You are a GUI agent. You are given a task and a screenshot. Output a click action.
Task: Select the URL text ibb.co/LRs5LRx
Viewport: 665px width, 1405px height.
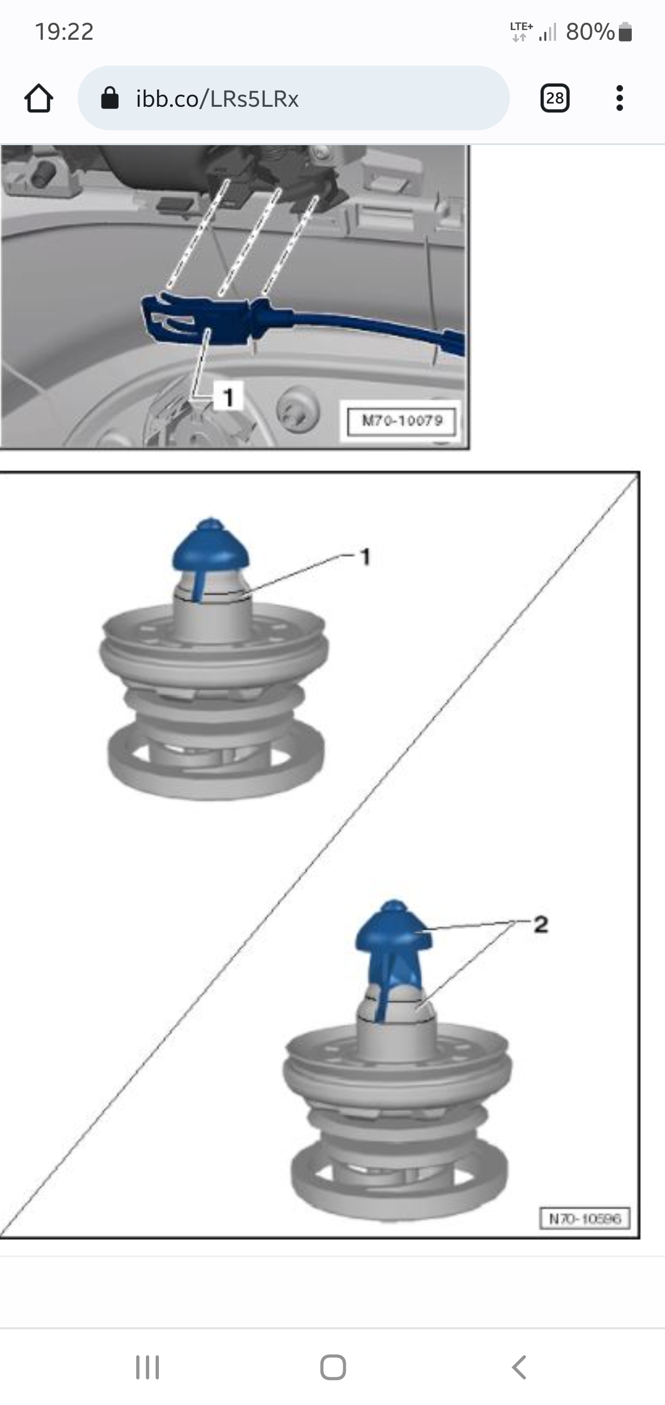coord(218,99)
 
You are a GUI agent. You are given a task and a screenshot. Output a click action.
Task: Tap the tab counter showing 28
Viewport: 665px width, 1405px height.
coord(555,98)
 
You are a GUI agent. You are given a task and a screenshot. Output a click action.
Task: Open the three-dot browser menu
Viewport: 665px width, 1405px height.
coord(619,98)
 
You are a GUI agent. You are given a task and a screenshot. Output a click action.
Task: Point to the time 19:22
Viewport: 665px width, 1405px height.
coord(64,31)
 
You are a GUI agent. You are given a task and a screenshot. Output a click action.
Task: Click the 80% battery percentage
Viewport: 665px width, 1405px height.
coord(590,31)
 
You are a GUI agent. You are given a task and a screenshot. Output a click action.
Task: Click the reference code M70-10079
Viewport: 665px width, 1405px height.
coord(402,421)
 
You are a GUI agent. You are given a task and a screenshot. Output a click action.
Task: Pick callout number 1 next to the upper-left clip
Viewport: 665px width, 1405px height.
coord(365,557)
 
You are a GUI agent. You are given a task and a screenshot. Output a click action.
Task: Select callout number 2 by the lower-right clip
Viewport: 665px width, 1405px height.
coord(540,924)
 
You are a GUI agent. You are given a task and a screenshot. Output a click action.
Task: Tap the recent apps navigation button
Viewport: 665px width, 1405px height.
coord(147,1368)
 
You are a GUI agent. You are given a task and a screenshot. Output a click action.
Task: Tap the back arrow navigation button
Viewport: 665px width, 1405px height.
coord(519,1368)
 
